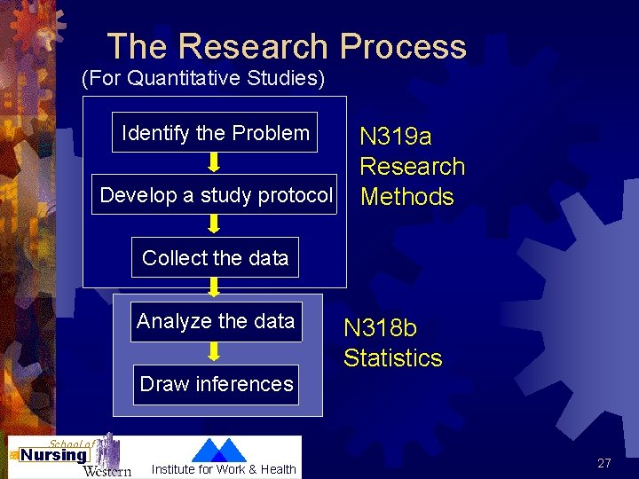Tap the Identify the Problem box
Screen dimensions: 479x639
point(216,133)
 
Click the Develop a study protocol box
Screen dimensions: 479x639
point(217,195)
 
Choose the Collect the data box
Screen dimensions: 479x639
point(216,258)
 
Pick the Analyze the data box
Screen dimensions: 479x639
point(216,321)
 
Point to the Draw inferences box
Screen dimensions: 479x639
point(217,384)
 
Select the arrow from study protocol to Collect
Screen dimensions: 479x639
point(215,225)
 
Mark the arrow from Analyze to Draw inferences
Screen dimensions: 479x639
point(215,351)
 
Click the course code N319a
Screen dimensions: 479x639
point(395,137)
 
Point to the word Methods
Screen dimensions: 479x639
point(406,197)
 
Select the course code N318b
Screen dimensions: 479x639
point(380,328)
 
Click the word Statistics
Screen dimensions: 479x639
point(392,358)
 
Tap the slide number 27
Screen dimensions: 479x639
point(604,463)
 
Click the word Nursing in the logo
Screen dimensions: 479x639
point(53,455)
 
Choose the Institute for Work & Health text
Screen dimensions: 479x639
point(224,469)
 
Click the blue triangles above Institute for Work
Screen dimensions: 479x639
point(220,450)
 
